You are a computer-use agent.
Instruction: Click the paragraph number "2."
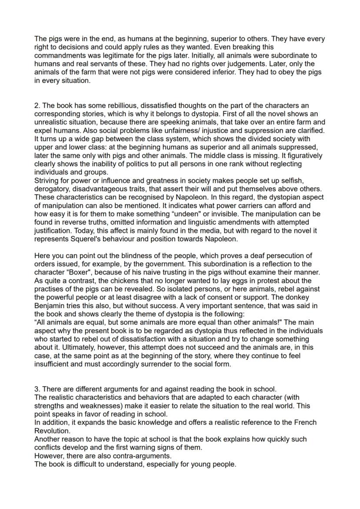pos(37,106)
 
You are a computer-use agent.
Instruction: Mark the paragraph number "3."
pos(37,389)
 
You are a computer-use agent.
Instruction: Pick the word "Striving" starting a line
pos(47,180)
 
